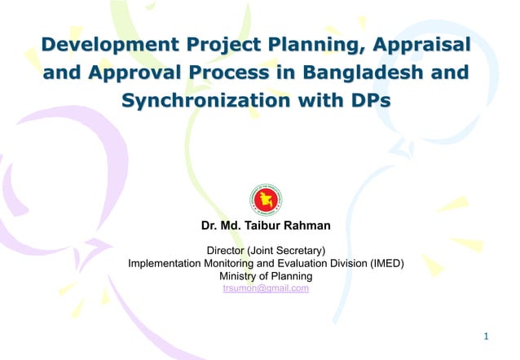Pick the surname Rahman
click(x=305, y=225)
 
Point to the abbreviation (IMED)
click(x=387, y=263)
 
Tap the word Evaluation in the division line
click(x=300, y=263)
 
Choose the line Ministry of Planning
click(x=266, y=276)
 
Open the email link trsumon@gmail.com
click(x=266, y=288)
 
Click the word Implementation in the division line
click(x=165, y=263)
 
